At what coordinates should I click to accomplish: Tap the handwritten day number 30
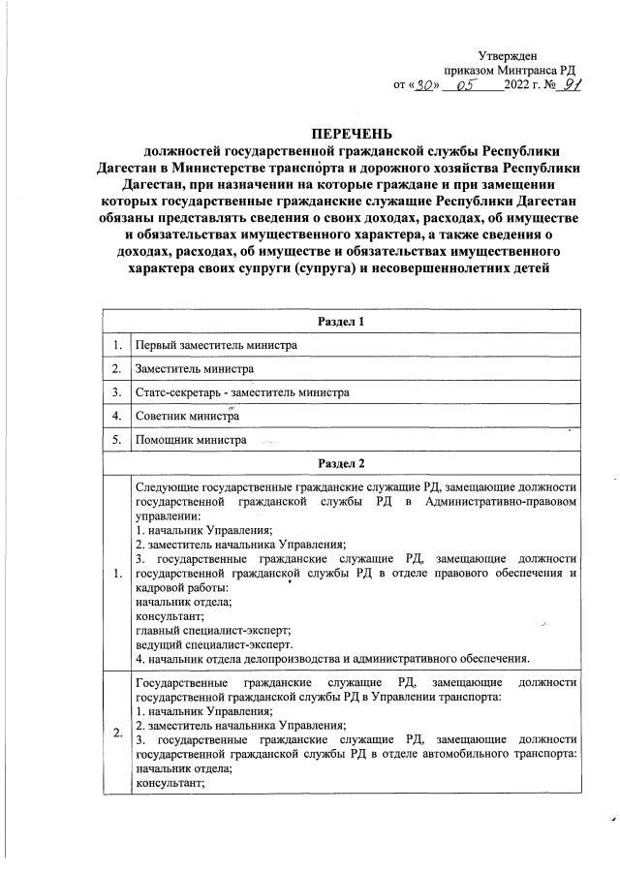[x=422, y=85]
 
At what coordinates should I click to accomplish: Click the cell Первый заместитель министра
[x=216, y=344]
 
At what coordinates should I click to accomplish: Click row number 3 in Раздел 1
[x=115, y=391]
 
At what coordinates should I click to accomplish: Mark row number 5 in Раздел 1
[x=115, y=440]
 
